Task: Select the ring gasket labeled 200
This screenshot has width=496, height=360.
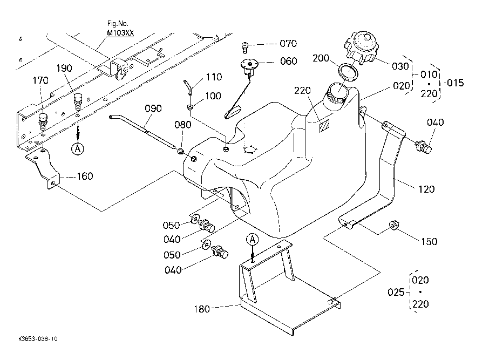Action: tap(349, 72)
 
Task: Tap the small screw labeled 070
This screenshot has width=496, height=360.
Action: tap(245, 47)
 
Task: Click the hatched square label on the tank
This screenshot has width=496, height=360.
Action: tap(324, 126)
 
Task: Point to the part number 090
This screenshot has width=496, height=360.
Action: tap(153, 108)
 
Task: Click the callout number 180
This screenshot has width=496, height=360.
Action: tap(202, 309)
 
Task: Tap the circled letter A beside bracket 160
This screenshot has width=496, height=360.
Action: tap(78, 148)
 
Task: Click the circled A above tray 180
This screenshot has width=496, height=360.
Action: tap(253, 240)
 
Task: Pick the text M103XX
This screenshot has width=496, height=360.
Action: tap(120, 33)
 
